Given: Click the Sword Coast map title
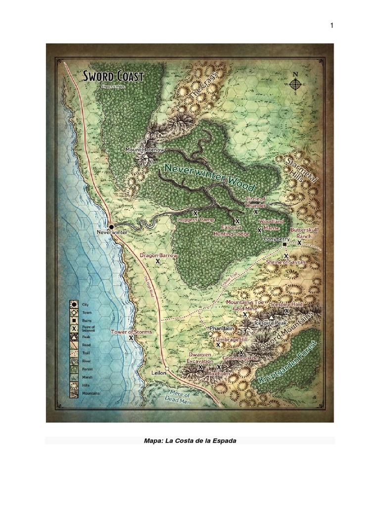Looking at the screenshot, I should (113, 77).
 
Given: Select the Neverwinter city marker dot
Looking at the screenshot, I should (111, 226).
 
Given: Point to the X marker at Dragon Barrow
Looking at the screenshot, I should (158, 261).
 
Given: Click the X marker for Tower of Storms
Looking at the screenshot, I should (131, 338).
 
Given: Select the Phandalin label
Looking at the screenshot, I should (221, 328).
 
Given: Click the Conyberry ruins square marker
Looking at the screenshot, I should (285, 245).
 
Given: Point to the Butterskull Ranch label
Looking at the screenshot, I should (304, 233).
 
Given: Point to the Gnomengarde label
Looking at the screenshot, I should (227, 357).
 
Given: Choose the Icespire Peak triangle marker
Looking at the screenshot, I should (271, 316).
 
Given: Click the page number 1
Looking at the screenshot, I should (332, 26).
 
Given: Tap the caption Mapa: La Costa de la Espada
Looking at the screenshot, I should (190, 440).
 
